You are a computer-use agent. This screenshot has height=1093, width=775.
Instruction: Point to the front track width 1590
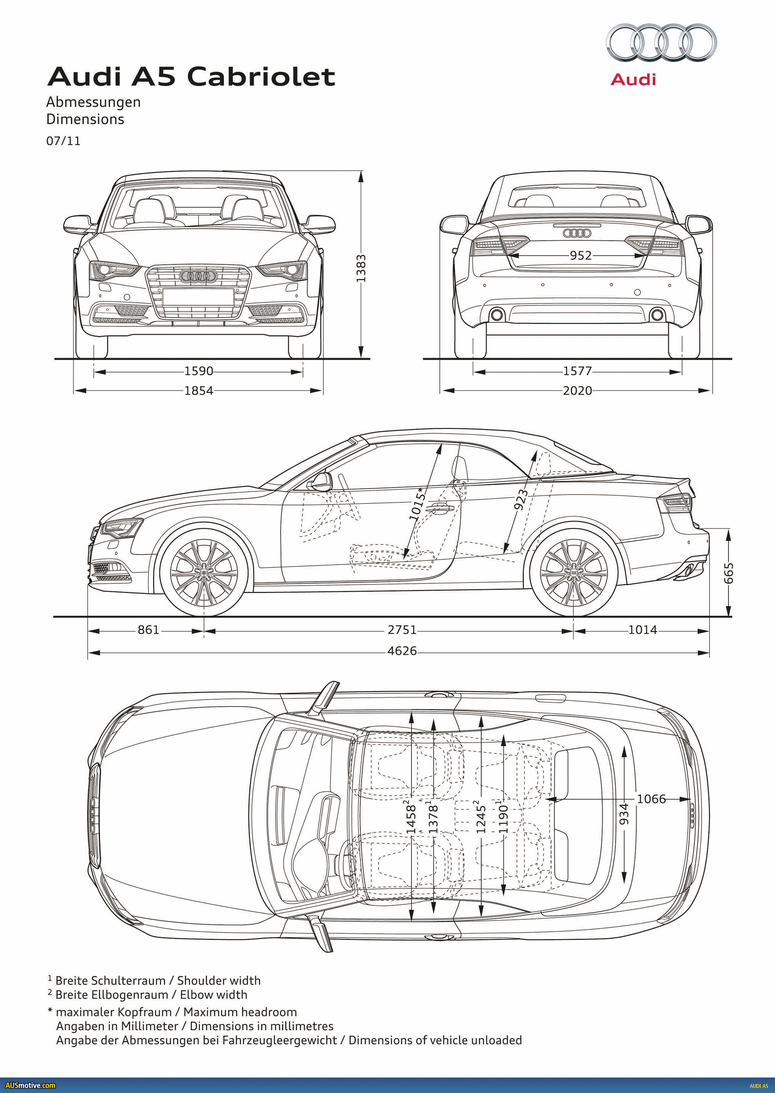click(198, 371)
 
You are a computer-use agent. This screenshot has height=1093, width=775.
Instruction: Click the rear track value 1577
click(577, 371)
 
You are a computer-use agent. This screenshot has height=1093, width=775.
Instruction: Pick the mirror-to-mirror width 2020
click(577, 390)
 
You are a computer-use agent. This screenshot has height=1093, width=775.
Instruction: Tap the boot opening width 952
click(580, 255)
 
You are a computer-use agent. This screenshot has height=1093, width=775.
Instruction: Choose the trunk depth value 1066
click(651, 799)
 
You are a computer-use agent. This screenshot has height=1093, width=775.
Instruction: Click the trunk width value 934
click(624, 814)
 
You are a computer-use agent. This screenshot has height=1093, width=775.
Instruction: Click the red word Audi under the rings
click(633, 79)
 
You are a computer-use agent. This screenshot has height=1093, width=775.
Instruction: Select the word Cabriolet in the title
click(261, 77)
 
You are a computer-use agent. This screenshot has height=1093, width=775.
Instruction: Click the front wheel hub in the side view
click(204, 572)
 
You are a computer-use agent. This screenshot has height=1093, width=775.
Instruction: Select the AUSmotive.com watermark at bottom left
click(30, 1085)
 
